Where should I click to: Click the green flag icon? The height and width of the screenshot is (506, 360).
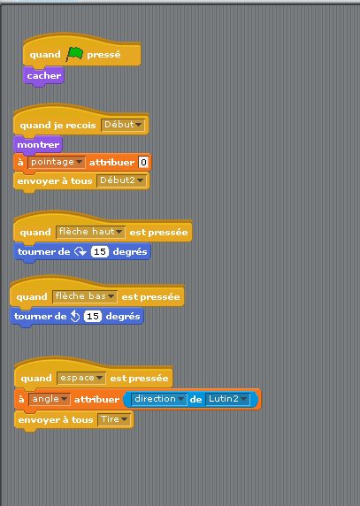point(74,54)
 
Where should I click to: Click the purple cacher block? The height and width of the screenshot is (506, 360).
point(44,76)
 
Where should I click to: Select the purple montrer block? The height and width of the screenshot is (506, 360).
point(38,144)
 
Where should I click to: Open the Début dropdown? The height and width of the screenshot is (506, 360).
point(123,125)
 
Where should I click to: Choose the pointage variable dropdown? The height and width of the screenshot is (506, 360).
point(57,162)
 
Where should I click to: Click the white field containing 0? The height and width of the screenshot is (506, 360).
point(143,162)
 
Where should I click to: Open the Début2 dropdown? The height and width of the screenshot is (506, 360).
point(121,180)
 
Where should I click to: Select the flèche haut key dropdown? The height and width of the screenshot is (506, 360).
point(90,232)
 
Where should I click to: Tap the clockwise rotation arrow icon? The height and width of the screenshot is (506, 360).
point(80,251)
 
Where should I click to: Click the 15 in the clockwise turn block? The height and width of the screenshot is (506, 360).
point(100,251)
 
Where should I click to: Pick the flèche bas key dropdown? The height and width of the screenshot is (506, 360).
point(85,296)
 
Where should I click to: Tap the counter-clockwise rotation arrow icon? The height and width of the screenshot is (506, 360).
point(75,316)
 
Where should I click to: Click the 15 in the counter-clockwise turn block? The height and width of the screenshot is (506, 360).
point(93,316)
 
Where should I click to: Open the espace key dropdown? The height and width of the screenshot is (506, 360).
point(81,379)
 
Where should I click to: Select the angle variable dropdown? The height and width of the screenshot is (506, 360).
point(50,399)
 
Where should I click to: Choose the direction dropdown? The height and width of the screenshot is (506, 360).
point(159,399)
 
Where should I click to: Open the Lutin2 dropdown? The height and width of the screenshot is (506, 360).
point(227,399)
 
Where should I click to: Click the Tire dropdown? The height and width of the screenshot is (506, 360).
point(114,420)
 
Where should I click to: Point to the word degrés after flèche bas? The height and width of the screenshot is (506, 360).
point(123,317)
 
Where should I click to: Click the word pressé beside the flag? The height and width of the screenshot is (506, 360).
point(103,55)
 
